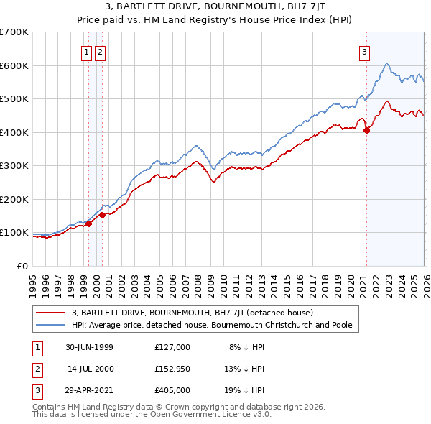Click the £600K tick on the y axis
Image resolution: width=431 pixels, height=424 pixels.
pyautogui.click(x=14, y=65)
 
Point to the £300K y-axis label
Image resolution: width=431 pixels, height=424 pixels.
pyautogui.click(x=14, y=166)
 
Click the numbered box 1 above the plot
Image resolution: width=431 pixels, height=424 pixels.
pyautogui.click(x=86, y=51)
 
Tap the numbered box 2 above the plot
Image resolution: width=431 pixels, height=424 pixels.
pyautogui.click(x=100, y=51)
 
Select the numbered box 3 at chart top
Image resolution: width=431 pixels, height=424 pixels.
pyautogui.click(x=365, y=51)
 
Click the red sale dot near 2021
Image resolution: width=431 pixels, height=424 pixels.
pyautogui.click(x=366, y=131)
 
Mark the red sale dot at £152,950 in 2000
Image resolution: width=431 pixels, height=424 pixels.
pyautogui.click(x=103, y=214)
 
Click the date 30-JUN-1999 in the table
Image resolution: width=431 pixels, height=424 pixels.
pyautogui.click(x=89, y=347)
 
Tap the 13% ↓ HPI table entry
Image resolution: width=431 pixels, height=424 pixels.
pyautogui.click(x=244, y=369)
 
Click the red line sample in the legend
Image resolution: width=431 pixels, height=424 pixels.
pyautogui.click(x=51, y=313)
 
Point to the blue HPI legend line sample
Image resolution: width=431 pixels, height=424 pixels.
pyautogui.click(x=51, y=325)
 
